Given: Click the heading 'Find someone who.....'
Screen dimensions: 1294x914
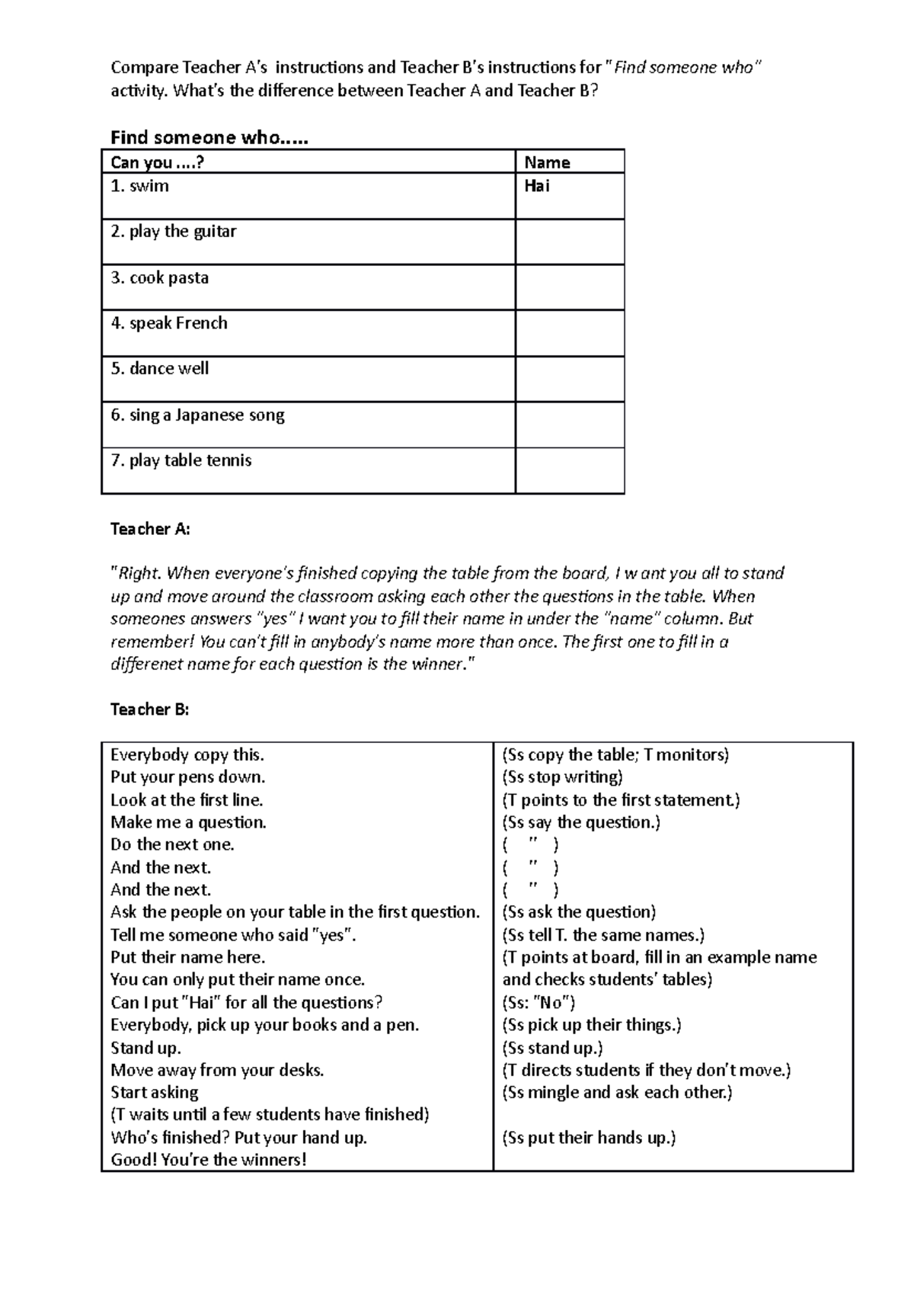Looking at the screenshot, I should (x=209, y=138).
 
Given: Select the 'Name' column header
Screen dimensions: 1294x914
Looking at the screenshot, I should (x=547, y=162).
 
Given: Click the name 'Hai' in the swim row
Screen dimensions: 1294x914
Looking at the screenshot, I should (x=537, y=186).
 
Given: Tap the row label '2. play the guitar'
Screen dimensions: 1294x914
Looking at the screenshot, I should (x=174, y=232).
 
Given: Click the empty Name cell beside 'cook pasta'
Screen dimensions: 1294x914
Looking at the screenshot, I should (x=570, y=287).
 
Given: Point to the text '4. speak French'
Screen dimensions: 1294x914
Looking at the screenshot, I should (x=169, y=323).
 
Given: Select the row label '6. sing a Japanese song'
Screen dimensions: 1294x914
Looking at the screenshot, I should (x=197, y=415).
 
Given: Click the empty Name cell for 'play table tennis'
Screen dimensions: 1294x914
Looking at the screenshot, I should (x=570, y=470).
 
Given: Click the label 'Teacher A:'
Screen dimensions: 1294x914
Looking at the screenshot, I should (x=150, y=529).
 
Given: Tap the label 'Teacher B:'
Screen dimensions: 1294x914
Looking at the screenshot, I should (x=149, y=709).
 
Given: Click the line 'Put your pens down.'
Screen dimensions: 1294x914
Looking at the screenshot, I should (x=187, y=777).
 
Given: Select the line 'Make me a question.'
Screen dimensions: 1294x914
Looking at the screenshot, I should (x=188, y=822).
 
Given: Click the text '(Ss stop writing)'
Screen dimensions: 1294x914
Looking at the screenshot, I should (x=562, y=777).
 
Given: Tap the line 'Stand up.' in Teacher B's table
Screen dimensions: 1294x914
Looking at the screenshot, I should (x=145, y=1048).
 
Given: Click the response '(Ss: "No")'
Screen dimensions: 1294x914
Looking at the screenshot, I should (x=538, y=1003).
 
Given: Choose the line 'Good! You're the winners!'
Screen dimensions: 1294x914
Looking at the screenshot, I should (x=208, y=1160).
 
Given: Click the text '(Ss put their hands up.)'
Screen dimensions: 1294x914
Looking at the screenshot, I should (x=589, y=1138).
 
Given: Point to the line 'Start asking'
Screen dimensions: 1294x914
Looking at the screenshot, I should (x=154, y=1093).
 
